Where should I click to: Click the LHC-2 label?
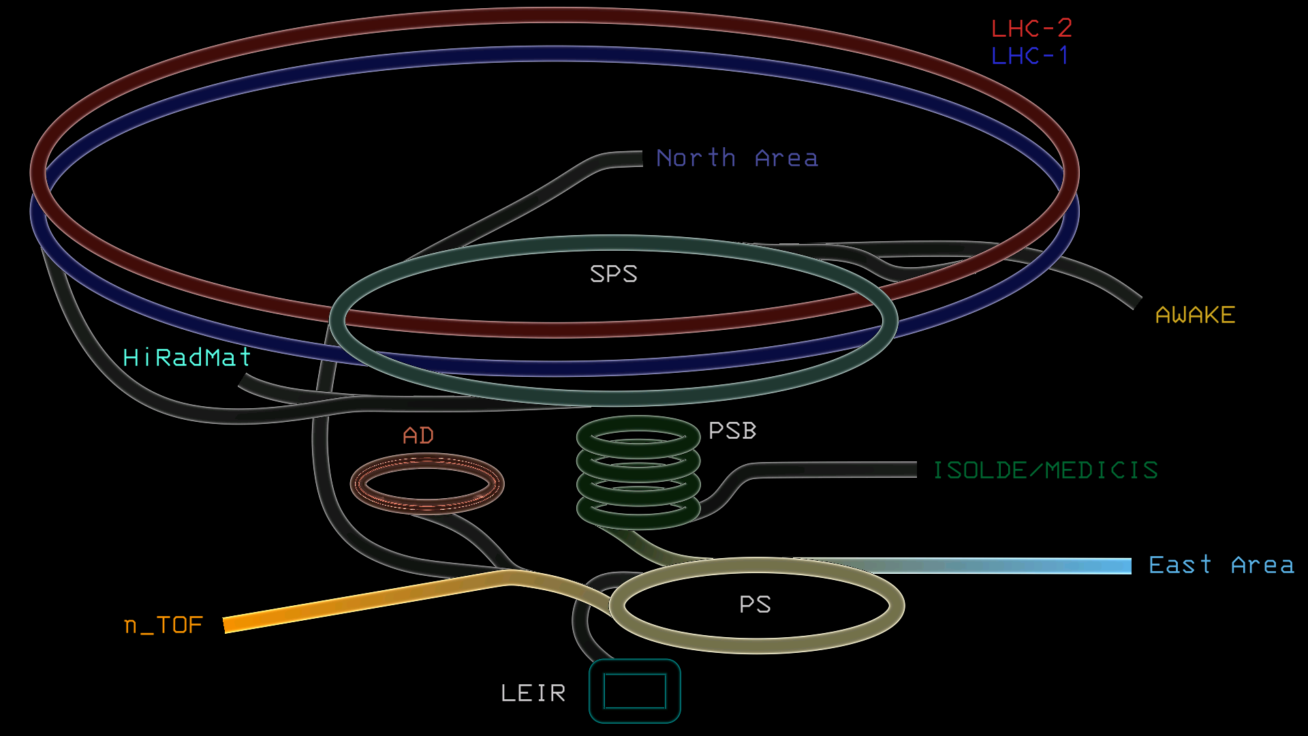(x=1031, y=29)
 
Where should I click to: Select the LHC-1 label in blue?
(x=1029, y=56)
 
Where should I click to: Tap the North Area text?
(x=736, y=158)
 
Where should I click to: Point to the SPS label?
(x=613, y=274)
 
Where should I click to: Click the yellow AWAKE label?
(x=1195, y=315)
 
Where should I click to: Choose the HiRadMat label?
(x=187, y=357)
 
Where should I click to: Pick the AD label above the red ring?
(x=418, y=435)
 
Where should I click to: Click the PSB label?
(x=732, y=431)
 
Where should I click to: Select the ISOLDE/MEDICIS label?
(x=1045, y=470)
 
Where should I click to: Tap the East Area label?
(x=1221, y=565)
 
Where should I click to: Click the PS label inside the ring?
(x=755, y=604)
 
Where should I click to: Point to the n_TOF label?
(x=163, y=625)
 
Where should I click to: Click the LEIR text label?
(x=533, y=693)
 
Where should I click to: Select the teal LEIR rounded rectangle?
(x=634, y=691)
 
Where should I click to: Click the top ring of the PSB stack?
(x=638, y=424)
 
